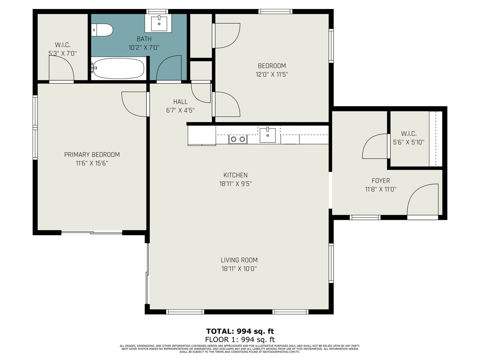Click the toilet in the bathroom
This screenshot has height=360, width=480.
(x=102, y=30)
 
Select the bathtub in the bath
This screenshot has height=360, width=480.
(x=118, y=68)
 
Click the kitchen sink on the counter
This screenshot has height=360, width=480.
(x=267, y=135)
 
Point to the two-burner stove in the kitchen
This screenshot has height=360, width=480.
(x=238, y=139)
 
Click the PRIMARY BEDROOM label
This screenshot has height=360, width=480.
(x=92, y=155)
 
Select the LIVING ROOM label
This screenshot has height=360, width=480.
(x=239, y=260)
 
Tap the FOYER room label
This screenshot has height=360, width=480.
(x=381, y=181)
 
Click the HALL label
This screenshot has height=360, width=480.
(x=180, y=102)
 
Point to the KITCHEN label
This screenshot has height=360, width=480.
(x=235, y=175)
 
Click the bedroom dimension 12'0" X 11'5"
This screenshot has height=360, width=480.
(x=272, y=74)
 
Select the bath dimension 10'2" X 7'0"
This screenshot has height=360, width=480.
(x=144, y=48)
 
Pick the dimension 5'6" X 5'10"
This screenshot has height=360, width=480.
(x=409, y=142)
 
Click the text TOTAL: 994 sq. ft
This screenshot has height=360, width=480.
(x=240, y=331)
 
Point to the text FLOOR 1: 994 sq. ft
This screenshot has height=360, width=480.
(x=240, y=340)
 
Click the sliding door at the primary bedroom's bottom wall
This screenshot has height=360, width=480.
(x=91, y=232)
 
